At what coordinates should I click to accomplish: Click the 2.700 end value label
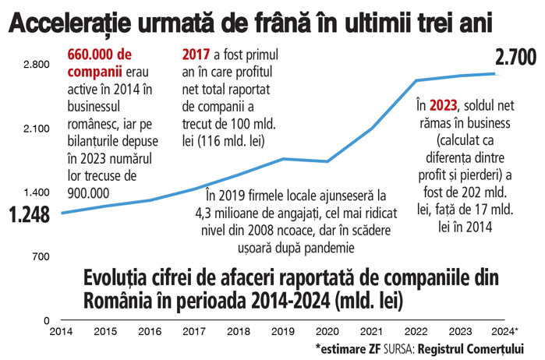pyautogui.click(x=517, y=57)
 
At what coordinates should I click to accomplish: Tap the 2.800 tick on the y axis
pyautogui.click(x=36, y=64)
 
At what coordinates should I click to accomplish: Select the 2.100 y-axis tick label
pyautogui.click(x=36, y=128)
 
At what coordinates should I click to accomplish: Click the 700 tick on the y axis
pyautogui.click(x=41, y=256)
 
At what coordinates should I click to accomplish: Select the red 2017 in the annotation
pyautogui.click(x=196, y=55)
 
